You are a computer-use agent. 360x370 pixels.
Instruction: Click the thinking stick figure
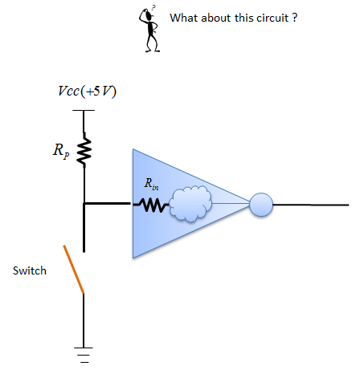point(149,30)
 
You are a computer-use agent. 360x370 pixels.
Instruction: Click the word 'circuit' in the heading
point(272,18)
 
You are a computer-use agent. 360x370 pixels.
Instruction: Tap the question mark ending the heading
point(294,18)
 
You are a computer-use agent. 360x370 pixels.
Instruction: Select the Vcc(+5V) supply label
point(88,91)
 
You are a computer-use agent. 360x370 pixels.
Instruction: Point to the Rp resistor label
point(61,151)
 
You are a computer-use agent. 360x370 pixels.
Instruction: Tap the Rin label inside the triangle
point(151,184)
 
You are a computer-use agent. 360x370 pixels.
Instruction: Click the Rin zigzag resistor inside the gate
point(151,205)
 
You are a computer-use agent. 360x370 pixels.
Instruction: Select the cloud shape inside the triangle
point(190,204)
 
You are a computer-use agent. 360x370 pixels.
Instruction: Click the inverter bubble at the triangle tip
point(261,205)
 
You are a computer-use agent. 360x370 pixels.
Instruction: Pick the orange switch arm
point(74,270)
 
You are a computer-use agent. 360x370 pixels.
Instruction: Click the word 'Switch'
point(30,270)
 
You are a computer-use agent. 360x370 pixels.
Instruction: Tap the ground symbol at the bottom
point(84,355)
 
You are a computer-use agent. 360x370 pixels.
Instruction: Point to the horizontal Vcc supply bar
point(84,110)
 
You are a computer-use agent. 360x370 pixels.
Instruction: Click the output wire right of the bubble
point(311,205)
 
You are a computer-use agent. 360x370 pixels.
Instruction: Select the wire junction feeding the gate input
point(84,204)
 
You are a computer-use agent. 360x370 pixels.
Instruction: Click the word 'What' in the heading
point(184,18)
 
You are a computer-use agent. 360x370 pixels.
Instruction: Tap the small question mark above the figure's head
point(153,7)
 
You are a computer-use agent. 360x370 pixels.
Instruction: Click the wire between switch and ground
point(84,320)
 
